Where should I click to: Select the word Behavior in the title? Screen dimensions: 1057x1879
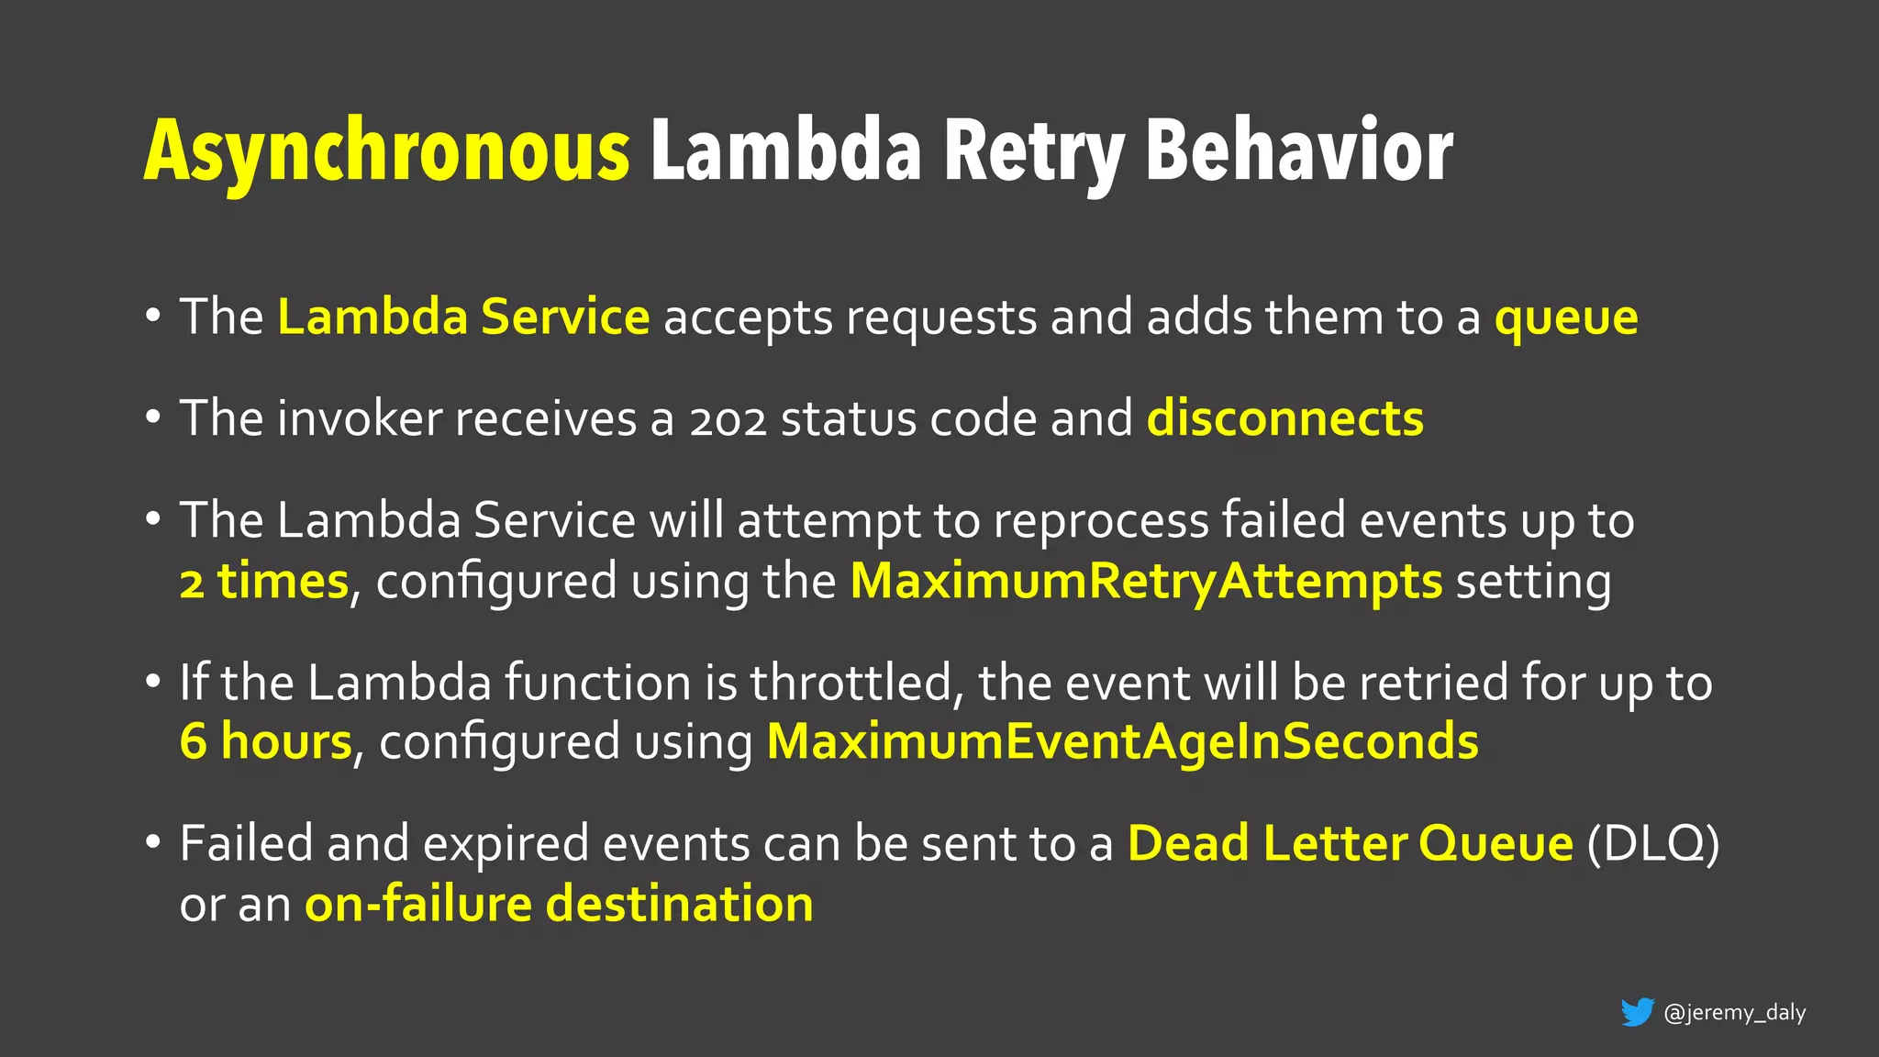coord(1299,150)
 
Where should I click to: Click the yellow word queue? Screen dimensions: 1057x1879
coord(1566,318)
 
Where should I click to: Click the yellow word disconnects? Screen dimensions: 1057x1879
coord(1284,418)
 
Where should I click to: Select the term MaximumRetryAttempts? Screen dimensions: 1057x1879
coord(1146,582)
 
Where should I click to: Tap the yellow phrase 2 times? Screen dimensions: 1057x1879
coord(264,582)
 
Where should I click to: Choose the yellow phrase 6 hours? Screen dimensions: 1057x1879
coord(266,741)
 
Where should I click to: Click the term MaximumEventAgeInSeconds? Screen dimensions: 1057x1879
coord(1122,741)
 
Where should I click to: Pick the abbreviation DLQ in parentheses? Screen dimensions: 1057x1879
coord(1652,843)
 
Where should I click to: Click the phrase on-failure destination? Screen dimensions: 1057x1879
coord(559,904)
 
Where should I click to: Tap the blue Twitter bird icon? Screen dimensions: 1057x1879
coord(1637,1012)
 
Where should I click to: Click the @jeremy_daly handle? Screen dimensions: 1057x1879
coord(1734,1013)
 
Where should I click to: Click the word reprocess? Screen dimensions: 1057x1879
coord(1101,521)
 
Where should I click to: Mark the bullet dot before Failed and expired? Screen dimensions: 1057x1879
coord(153,841)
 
